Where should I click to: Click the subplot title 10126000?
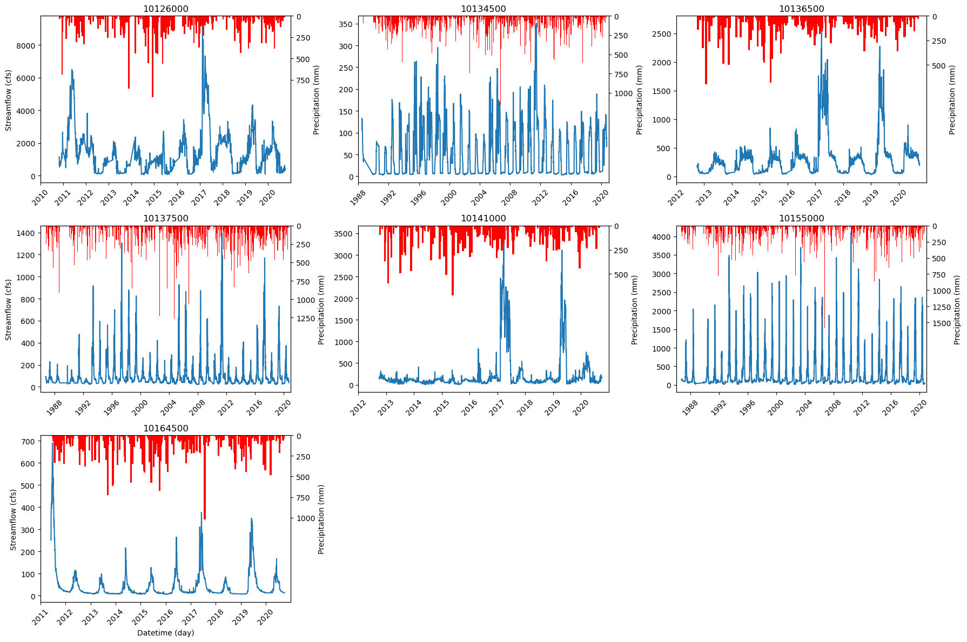(165, 9)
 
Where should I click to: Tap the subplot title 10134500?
(483, 9)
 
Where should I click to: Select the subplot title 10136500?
(801, 9)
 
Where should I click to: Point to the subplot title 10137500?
(165, 218)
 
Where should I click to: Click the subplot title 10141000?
(483, 218)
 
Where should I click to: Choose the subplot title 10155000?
(801, 218)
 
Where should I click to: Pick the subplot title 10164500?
(165, 428)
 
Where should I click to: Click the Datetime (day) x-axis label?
(165, 633)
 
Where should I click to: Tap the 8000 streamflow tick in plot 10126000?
(26, 45)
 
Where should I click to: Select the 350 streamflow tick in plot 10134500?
(346, 24)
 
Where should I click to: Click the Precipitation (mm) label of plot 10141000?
(634, 310)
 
